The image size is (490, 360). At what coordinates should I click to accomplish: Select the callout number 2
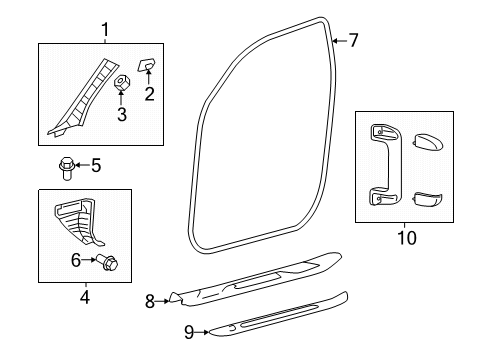click(150, 95)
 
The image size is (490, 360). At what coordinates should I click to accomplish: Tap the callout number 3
click(121, 115)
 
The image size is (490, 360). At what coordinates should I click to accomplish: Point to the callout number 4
click(84, 296)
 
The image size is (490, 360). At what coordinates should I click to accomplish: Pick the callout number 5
click(96, 164)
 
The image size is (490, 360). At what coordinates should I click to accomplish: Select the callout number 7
click(352, 40)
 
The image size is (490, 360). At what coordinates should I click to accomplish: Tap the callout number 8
click(150, 300)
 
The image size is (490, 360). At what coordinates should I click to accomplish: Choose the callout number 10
click(405, 238)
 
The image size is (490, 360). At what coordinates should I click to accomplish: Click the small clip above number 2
click(145, 67)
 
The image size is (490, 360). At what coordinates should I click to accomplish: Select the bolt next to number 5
click(66, 166)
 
